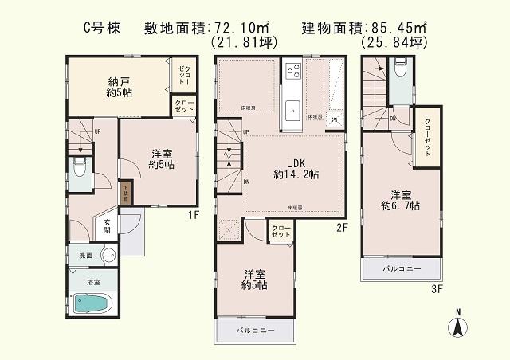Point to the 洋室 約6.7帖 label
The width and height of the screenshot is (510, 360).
[x=400, y=200]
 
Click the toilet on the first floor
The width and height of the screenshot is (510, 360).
[x=79, y=168]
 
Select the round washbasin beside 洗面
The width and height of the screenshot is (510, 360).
[x=108, y=256]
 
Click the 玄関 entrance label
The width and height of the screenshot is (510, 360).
[x=107, y=226]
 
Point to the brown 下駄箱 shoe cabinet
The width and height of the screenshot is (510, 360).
[x=125, y=191]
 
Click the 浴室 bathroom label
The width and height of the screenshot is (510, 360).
[x=93, y=281]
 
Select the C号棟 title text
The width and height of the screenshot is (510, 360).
[x=103, y=29]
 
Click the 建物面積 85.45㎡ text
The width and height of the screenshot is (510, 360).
[x=363, y=29]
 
